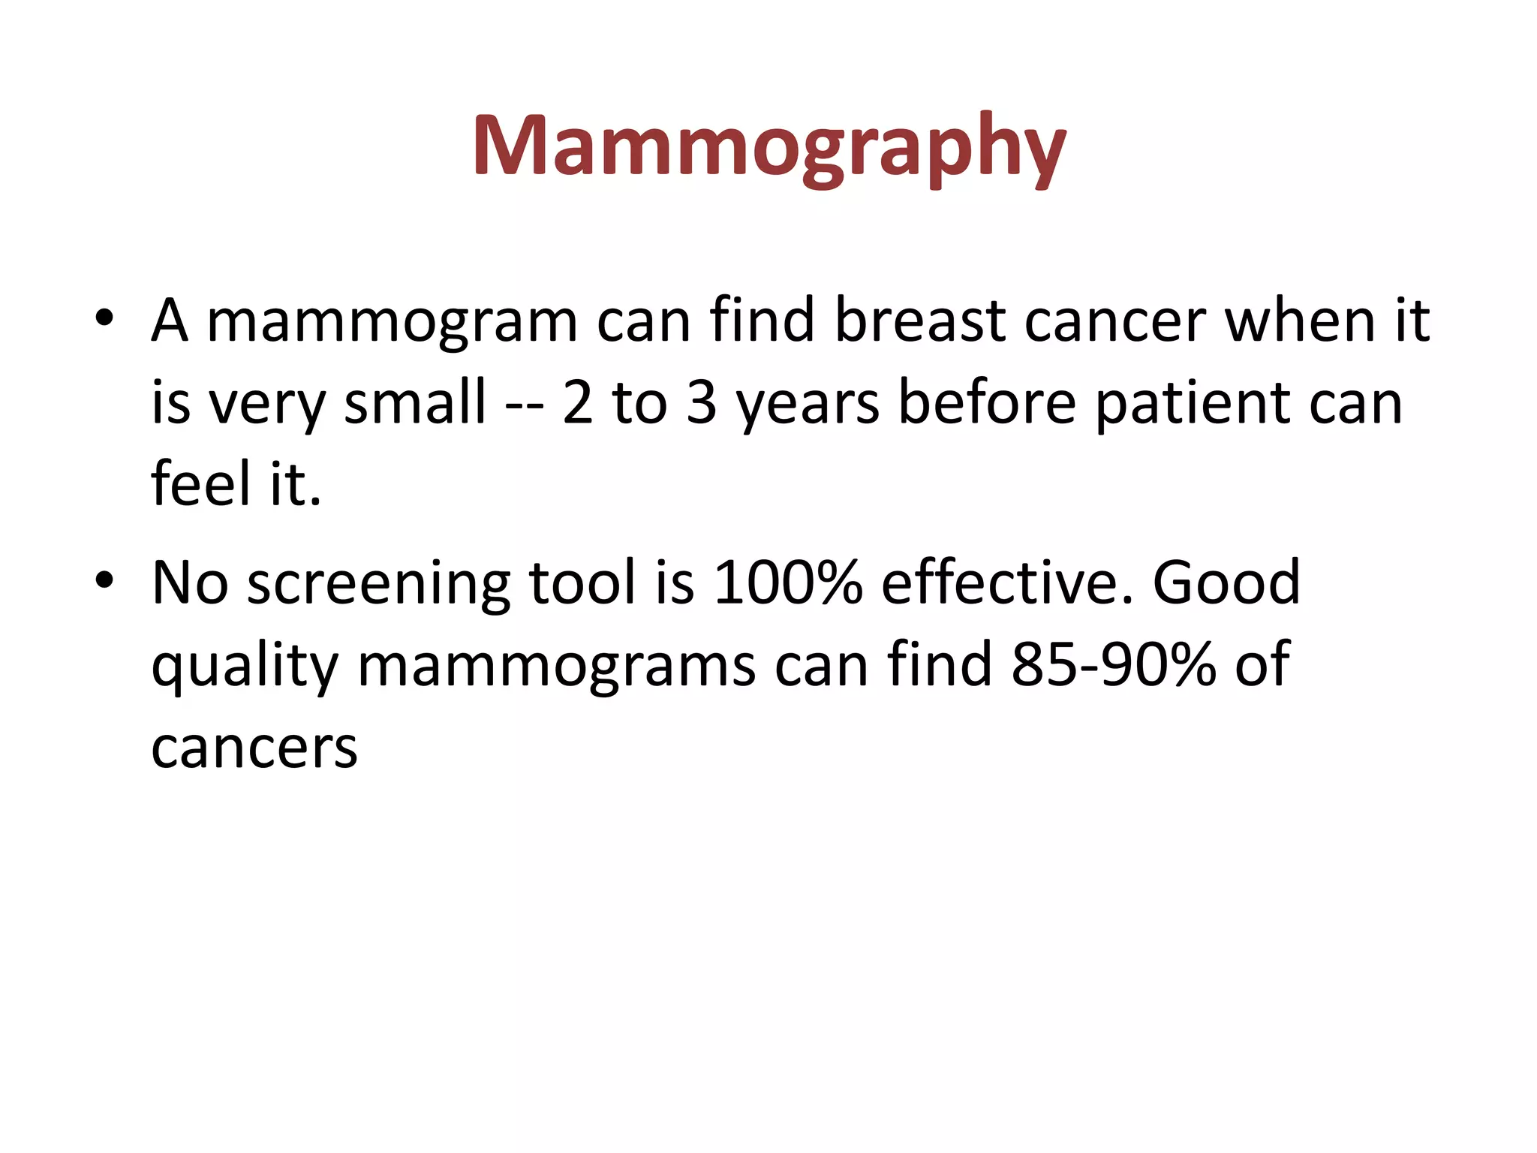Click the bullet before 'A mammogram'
pos(104,319)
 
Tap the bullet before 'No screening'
pos(104,580)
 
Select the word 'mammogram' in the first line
pos(392,321)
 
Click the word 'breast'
pos(920,321)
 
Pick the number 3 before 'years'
pos(702,402)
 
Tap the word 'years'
pos(808,405)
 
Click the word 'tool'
pos(582,583)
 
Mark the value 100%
pos(788,583)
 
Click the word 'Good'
pos(1226,583)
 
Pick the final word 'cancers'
pos(254,749)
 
